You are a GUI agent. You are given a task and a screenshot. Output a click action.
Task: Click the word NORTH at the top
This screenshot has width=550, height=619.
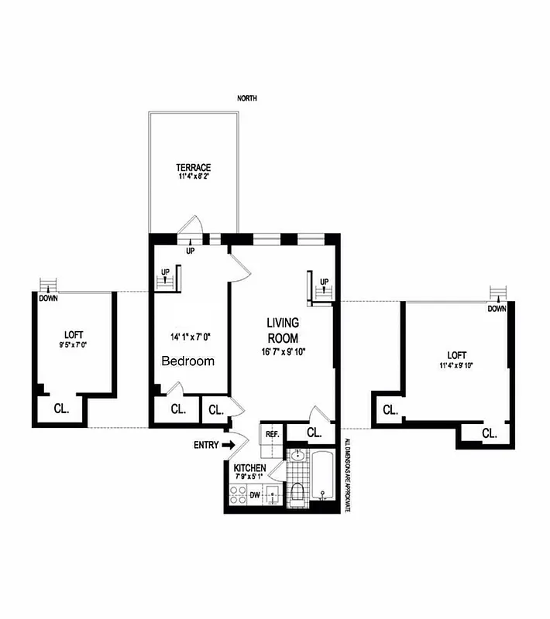[x=248, y=98]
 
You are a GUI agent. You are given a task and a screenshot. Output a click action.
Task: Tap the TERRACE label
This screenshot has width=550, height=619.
[x=193, y=167]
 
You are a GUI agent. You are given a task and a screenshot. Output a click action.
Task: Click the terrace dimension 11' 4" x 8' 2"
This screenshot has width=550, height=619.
[x=193, y=176]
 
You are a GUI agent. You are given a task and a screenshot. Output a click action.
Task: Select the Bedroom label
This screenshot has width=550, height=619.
[x=187, y=361]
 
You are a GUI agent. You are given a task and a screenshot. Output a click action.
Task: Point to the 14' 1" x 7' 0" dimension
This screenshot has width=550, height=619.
[x=191, y=337]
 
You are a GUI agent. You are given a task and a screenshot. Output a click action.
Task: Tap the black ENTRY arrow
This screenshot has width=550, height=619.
[x=227, y=445]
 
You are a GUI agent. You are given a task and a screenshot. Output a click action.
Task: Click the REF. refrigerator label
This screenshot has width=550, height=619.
[x=272, y=434]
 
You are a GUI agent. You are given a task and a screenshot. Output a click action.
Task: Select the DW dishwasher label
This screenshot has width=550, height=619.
[x=254, y=493]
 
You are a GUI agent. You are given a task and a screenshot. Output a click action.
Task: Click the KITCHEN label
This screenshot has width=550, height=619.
[x=250, y=469]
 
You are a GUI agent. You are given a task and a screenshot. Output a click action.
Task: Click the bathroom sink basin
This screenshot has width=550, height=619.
[x=297, y=456]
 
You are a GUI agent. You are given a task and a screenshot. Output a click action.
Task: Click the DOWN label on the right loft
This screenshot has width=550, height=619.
[x=497, y=309]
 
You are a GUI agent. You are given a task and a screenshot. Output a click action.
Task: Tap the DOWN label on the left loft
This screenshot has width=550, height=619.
[x=48, y=298]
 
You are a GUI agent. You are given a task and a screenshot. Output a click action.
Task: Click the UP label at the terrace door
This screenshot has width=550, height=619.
[x=189, y=251]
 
